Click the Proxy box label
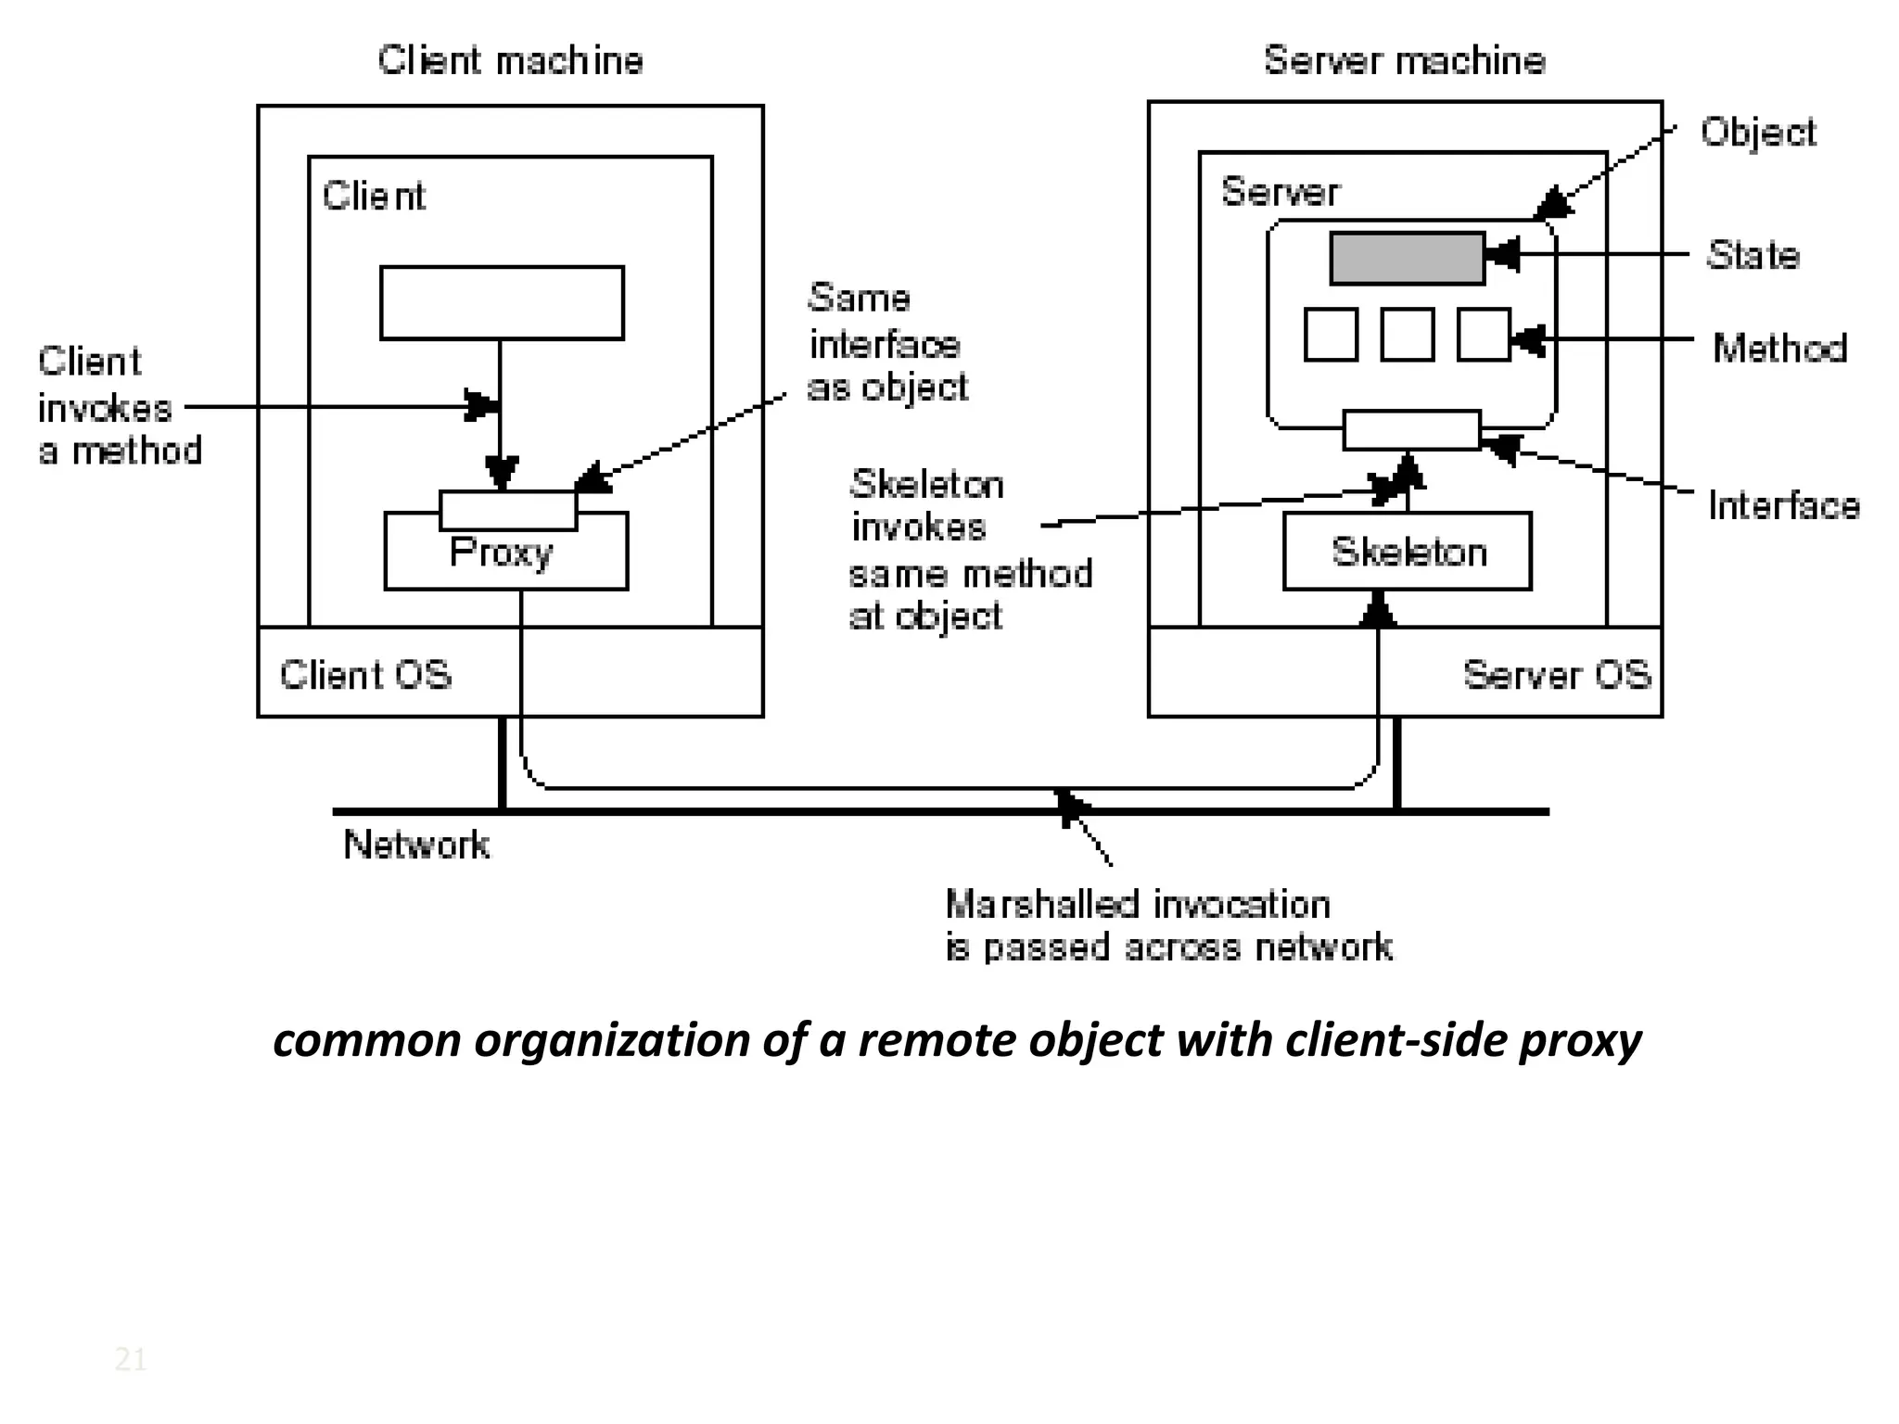pyautogui.click(x=501, y=553)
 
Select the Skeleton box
pyautogui.click(x=1408, y=553)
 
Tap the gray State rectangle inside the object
pyautogui.click(x=1407, y=258)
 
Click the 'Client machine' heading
pyautogui.click(x=510, y=61)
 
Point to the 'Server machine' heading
pyautogui.click(x=1404, y=61)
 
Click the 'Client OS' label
pyautogui.click(x=365, y=675)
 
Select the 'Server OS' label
pyautogui.click(x=1557, y=675)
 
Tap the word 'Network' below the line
pyautogui.click(x=416, y=845)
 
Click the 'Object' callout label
pyautogui.click(x=1758, y=133)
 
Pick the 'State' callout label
pyautogui.click(x=1752, y=256)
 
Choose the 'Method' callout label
pyautogui.click(x=1779, y=349)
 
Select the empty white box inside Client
pyautogui.click(x=502, y=303)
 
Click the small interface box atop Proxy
pyautogui.click(x=508, y=509)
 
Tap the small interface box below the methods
pyautogui.click(x=1410, y=430)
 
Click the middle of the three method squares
pyautogui.click(x=1407, y=335)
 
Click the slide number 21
pyautogui.click(x=130, y=1360)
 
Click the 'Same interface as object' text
pyautogui.click(x=886, y=343)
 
